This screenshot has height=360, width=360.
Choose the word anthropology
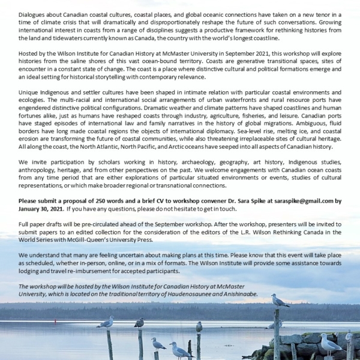[x=40, y=170]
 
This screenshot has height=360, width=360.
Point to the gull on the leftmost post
[x=107, y=323]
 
